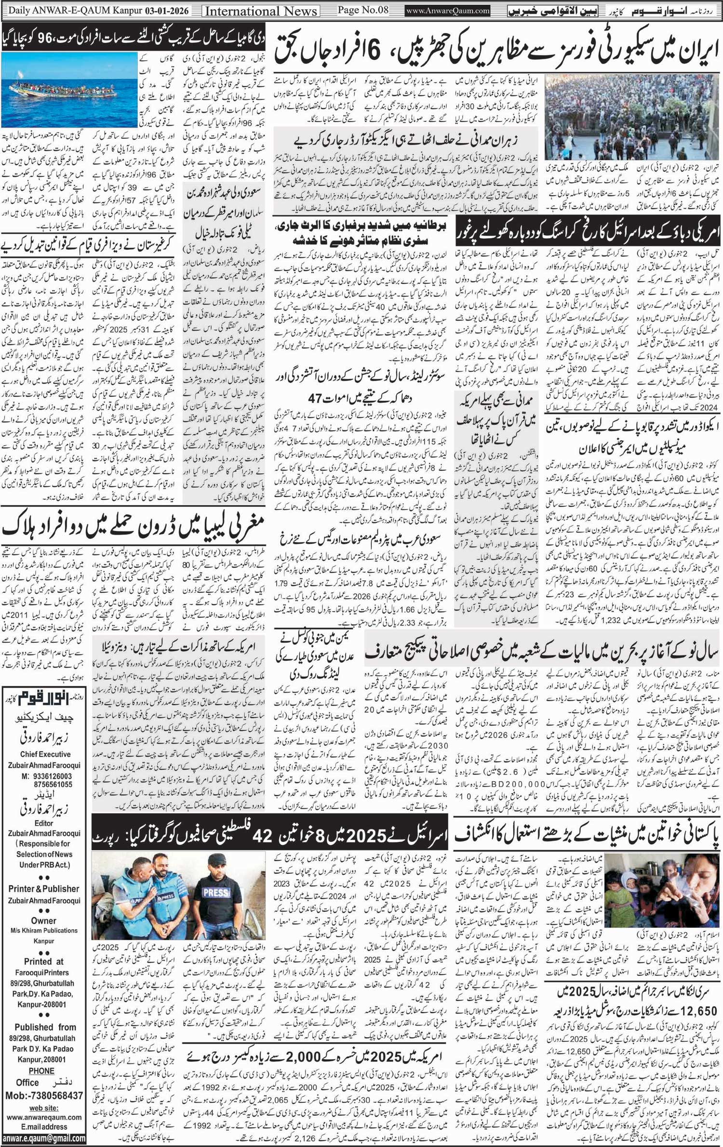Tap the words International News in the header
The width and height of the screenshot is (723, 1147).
(x=261, y=11)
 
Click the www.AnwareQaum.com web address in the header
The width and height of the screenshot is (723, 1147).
(x=448, y=11)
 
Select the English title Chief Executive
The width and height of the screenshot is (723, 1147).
(x=45, y=754)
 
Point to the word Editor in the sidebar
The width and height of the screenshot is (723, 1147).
(x=44, y=823)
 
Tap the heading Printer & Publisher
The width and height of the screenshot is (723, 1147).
(x=44, y=889)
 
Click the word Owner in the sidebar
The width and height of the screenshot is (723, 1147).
(x=44, y=921)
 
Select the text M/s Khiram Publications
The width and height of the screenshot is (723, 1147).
(x=44, y=931)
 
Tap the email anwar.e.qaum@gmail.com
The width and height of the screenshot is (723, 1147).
(x=44, y=1138)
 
